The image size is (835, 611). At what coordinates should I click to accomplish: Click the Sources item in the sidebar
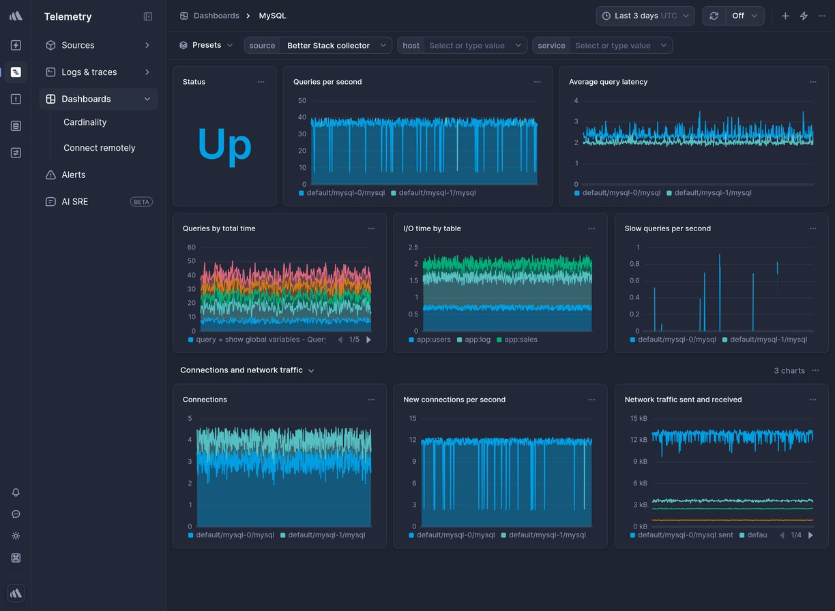point(78,45)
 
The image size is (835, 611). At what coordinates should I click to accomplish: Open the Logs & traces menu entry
point(89,72)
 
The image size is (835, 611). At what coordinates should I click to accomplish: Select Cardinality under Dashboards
point(85,122)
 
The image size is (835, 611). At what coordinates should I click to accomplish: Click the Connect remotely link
point(99,148)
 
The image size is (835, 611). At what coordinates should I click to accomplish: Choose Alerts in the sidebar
point(73,175)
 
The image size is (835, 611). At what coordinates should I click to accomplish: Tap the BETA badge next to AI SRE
point(141,202)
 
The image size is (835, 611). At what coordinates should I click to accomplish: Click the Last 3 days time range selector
point(645,16)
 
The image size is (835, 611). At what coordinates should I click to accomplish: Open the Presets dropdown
point(206,45)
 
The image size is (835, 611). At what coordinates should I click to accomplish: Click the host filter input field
point(471,46)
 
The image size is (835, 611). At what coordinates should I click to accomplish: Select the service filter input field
point(614,46)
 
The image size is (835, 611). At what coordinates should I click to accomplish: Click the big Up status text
point(224,145)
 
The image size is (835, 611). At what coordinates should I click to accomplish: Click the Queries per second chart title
point(327,82)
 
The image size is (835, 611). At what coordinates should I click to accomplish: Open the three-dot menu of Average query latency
point(812,82)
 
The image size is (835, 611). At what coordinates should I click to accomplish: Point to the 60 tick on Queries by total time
point(191,248)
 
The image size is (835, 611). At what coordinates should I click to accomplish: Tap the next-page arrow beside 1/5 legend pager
point(369,340)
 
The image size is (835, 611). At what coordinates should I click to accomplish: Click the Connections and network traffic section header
point(241,370)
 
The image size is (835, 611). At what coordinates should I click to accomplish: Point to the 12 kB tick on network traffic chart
point(639,440)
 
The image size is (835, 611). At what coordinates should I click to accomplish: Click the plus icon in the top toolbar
point(785,16)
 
